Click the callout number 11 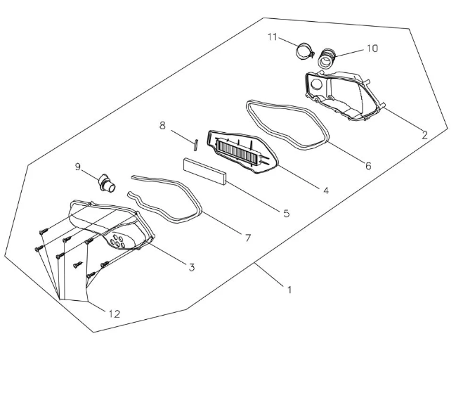coord(272,37)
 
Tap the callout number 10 coord(372,49)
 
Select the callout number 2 coord(424,135)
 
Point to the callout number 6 coord(368,166)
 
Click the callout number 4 coord(326,191)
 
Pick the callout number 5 coord(287,213)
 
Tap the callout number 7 coord(247,238)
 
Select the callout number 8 coord(162,125)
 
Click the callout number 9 coord(78,167)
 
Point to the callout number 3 coord(192,267)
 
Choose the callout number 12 coord(115,314)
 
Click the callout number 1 coord(289,290)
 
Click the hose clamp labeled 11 coord(305,51)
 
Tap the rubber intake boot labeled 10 coord(327,58)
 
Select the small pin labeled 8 coord(196,145)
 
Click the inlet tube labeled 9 coord(107,184)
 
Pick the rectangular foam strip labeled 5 coord(204,172)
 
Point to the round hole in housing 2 coord(316,84)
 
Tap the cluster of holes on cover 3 coord(118,241)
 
